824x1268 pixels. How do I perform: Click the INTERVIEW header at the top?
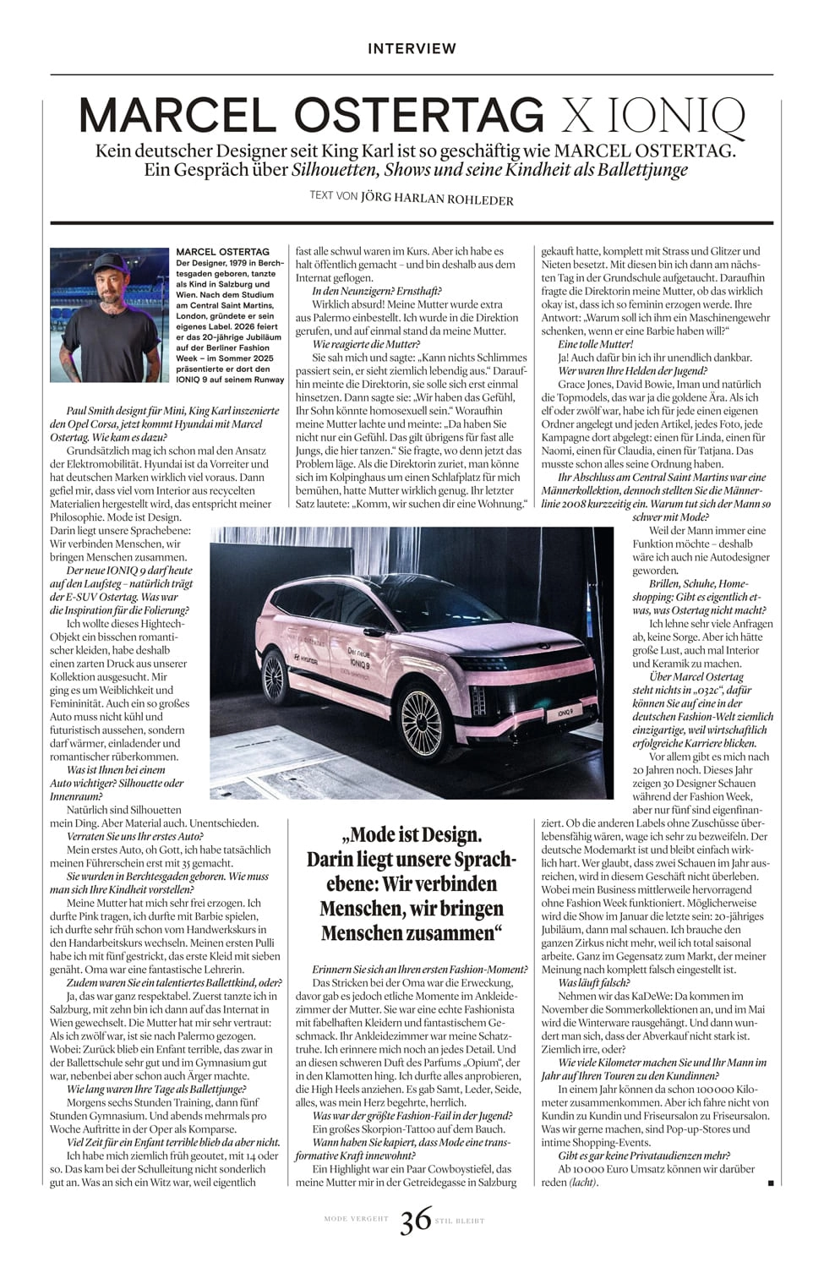coord(412,49)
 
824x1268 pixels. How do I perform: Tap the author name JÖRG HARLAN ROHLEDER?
coord(437,200)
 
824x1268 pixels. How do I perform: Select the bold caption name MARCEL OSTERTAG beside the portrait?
coord(223,252)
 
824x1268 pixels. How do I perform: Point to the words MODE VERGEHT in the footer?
coord(356,1219)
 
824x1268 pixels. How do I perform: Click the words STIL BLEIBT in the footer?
coord(460,1221)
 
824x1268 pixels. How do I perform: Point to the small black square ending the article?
coord(770,1183)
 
